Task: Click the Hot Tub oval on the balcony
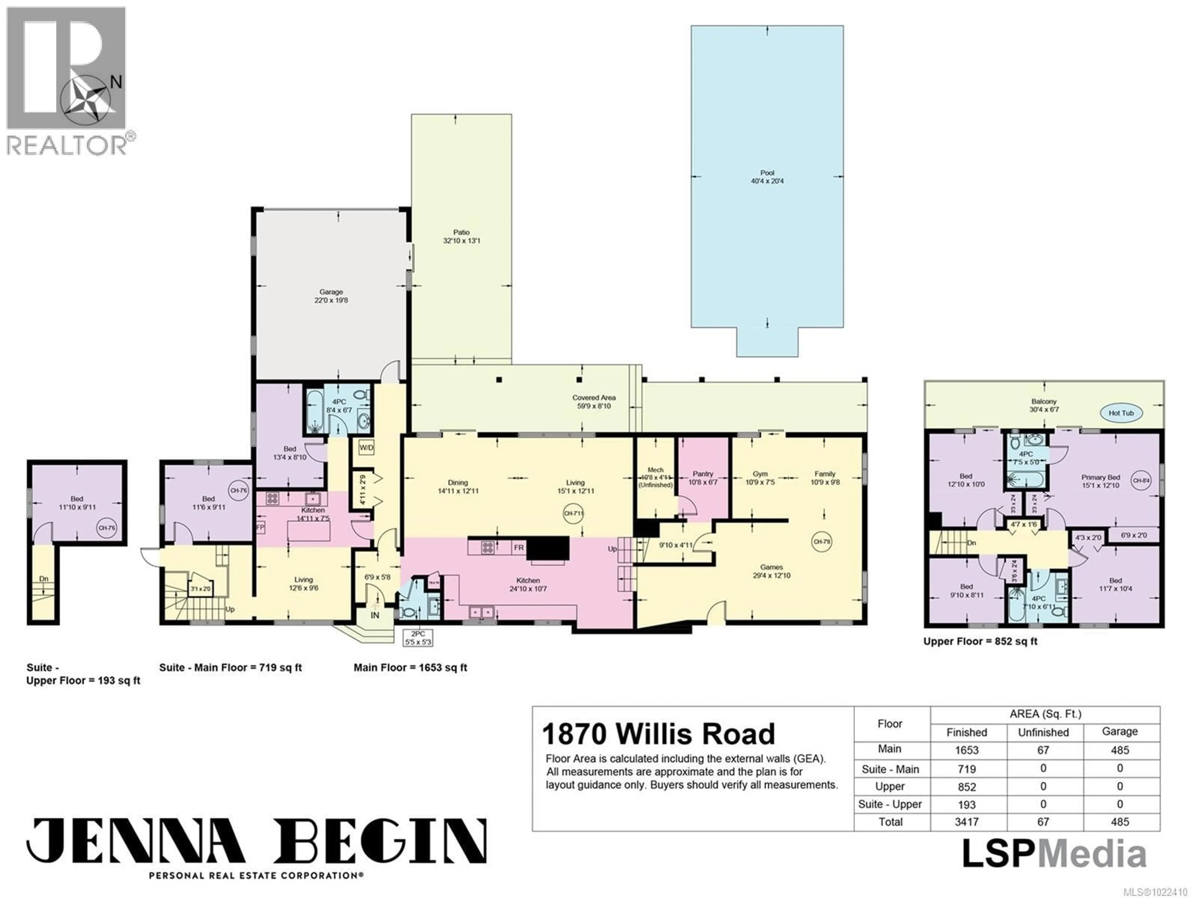pos(1136,413)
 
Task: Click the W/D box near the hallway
pos(366,447)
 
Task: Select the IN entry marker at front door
pos(375,615)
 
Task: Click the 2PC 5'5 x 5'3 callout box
pos(418,638)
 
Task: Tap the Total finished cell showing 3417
pos(967,822)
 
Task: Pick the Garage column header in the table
pos(1120,731)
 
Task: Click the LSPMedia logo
pos(1054,854)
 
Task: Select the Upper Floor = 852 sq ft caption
pos(980,641)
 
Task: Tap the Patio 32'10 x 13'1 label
pos(461,237)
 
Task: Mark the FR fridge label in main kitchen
pos(518,548)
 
